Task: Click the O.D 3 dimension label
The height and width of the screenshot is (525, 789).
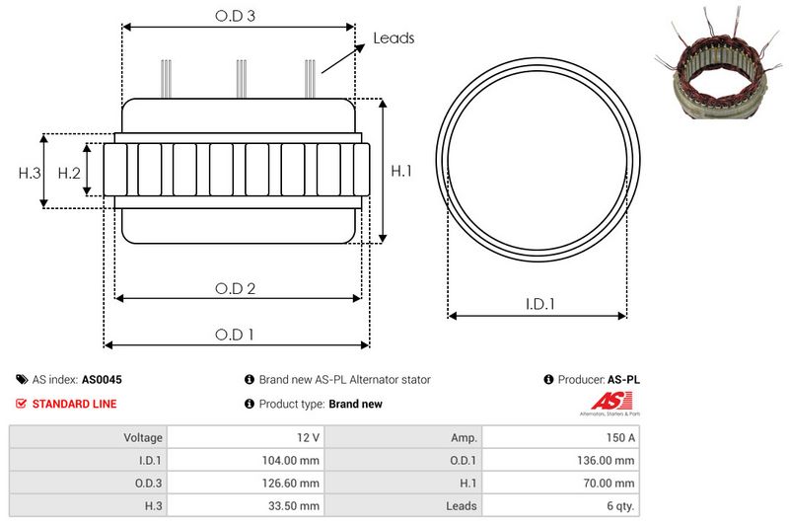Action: pos(236,16)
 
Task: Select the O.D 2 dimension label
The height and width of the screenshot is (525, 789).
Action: pos(236,288)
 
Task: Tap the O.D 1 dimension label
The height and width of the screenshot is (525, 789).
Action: pos(236,335)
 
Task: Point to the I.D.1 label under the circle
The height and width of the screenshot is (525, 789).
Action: pos(538,305)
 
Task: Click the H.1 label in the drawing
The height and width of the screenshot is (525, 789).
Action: pos(401,171)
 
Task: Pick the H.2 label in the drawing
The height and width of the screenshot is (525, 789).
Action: pos(69,173)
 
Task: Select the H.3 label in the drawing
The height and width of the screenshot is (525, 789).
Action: pos(30,173)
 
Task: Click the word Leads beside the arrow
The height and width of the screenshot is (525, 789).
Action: pos(394,38)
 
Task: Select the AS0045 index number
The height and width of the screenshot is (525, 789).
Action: pos(102,379)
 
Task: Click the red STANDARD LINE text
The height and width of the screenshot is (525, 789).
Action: pos(74,404)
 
